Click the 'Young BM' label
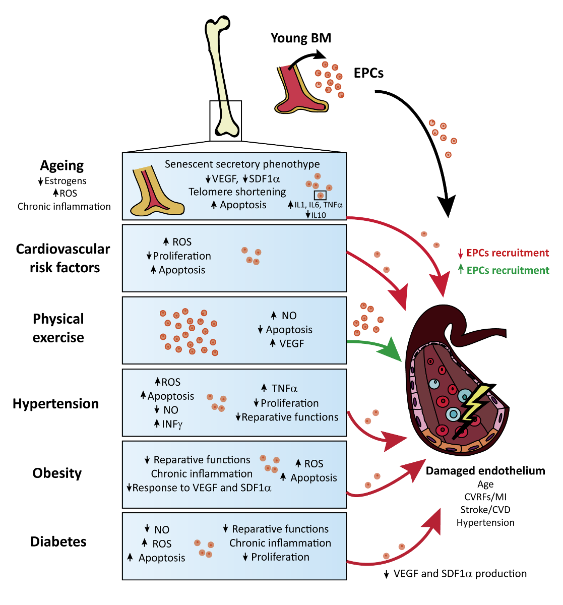301,38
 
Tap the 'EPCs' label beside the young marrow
368,73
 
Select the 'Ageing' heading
62,165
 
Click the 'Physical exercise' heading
58,328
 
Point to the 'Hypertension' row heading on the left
56,403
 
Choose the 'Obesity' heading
57,473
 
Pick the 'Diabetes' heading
58,541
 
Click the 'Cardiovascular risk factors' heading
63,258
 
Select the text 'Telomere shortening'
237,192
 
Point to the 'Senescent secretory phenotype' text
242,164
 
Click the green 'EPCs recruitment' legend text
508,270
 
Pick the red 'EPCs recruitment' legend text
508,253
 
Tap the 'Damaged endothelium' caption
485,470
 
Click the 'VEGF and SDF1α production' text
460,573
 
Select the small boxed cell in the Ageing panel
320,195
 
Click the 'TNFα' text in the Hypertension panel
284,388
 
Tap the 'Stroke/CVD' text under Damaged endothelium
485,510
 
